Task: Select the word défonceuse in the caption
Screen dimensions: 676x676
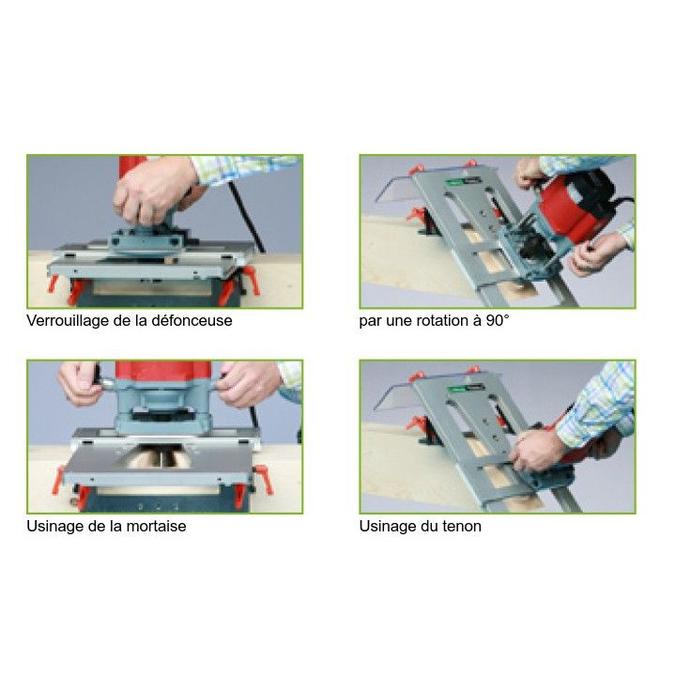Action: pos(193,321)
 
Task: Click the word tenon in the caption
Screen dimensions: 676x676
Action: pos(461,527)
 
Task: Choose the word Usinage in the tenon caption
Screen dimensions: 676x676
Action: pos(386,527)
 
